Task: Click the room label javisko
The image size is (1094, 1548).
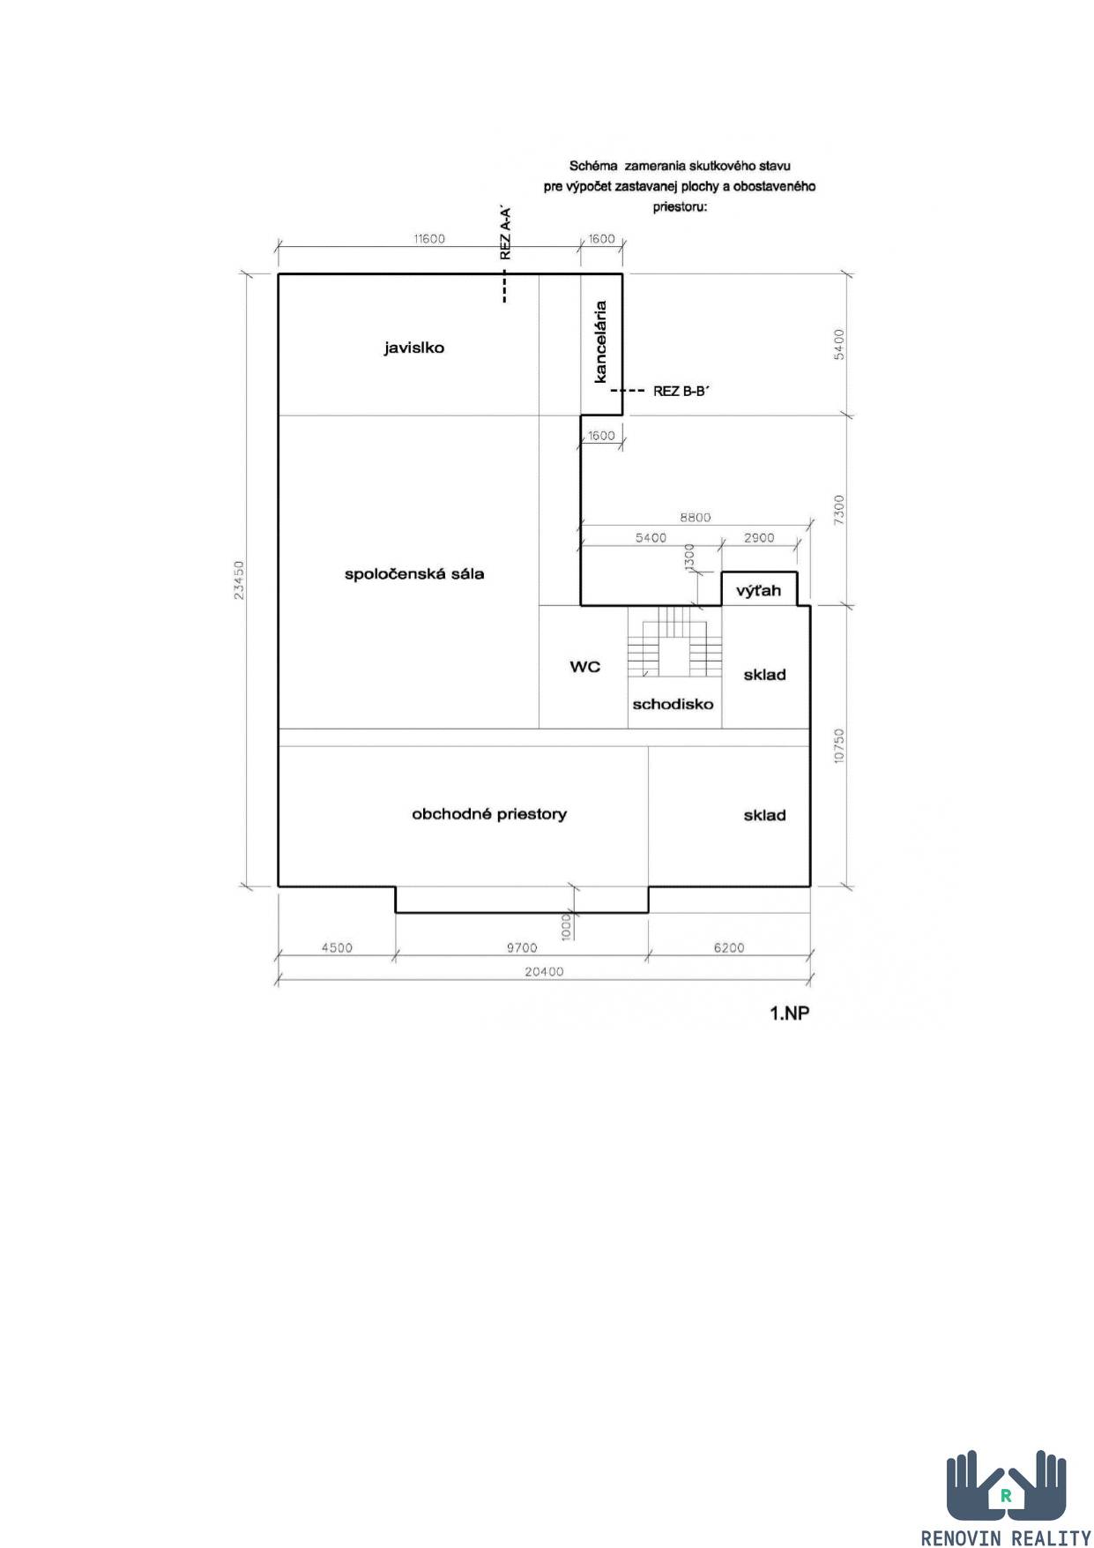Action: (413, 348)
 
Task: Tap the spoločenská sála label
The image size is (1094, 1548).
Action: (413, 574)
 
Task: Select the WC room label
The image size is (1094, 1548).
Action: (584, 667)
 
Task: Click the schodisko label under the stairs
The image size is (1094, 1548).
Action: (673, 704)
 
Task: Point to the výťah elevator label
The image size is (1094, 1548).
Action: (759, 590)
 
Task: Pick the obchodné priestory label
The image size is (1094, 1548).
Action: (489, 814)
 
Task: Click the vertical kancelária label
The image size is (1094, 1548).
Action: (601, 342)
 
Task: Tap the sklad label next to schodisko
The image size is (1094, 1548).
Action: (764, 675)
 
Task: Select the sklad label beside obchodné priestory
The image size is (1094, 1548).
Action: (764, 815)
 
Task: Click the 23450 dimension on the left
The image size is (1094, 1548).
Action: (239, 580)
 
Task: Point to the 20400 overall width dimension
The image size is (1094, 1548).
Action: (543, 972)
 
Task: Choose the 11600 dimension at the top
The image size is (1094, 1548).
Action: (429, 238)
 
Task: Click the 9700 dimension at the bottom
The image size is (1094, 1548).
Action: (522, 948)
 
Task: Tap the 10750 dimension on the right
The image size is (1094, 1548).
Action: (838, 745)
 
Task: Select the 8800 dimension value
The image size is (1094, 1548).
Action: (695, 518)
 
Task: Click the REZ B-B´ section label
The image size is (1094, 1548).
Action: (681, 391)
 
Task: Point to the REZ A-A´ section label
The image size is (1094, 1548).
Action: (505, 233)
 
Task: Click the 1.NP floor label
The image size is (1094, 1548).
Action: (790, 1013)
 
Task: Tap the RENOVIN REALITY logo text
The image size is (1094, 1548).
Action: (1006, 1537)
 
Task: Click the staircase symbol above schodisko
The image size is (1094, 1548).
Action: (674, 642)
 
